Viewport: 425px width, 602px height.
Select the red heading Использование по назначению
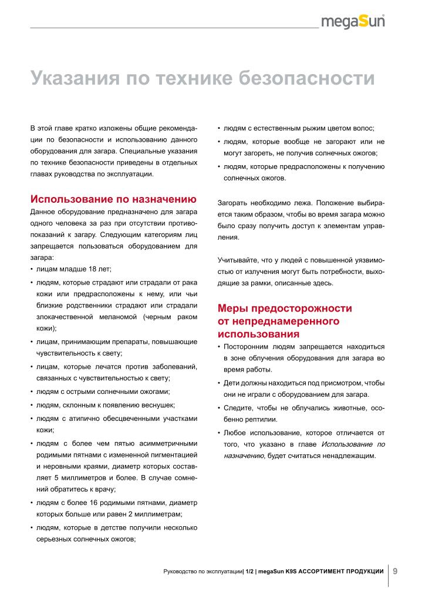point(113,199)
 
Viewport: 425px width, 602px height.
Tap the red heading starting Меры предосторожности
point(285,309)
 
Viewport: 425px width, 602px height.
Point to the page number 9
point(395,570)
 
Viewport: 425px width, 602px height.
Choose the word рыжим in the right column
point(309,128)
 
